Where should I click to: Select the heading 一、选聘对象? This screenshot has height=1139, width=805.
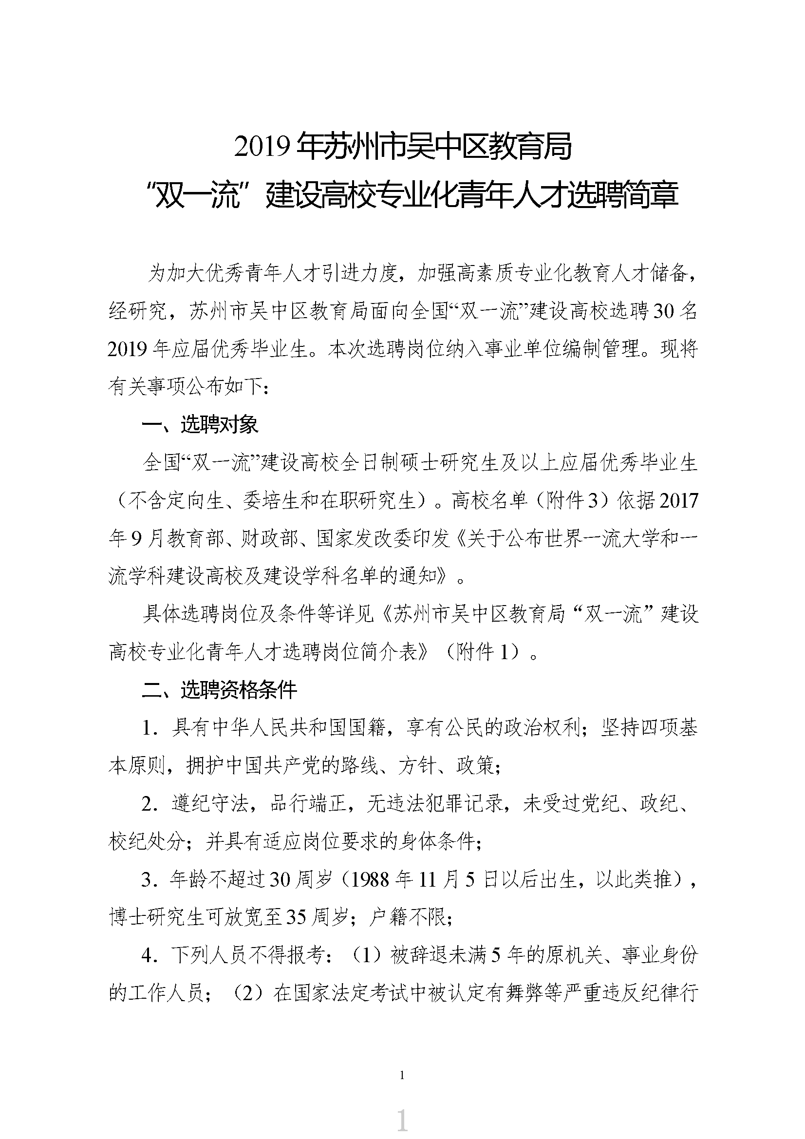coord(200,425)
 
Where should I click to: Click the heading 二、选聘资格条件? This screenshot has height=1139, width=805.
coord(219,690)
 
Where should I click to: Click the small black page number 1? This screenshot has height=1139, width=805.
coord(402,1075)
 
